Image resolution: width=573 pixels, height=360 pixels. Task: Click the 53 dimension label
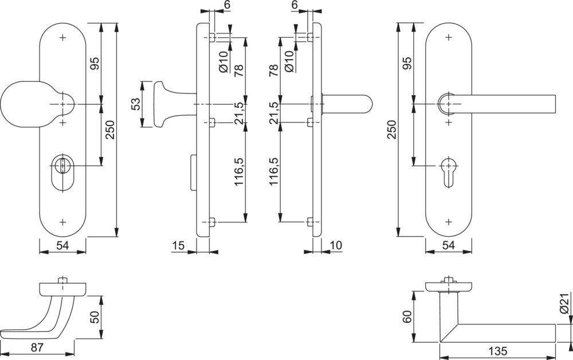136,104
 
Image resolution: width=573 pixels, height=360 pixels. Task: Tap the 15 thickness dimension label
178,245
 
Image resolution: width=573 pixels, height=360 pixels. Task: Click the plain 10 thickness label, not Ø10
336,245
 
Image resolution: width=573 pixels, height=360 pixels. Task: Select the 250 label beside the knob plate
109,130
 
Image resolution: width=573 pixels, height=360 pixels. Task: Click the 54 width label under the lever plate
449,245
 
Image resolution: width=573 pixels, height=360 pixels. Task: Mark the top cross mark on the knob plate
63,38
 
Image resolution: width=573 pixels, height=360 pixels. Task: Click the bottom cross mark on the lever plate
449,221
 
